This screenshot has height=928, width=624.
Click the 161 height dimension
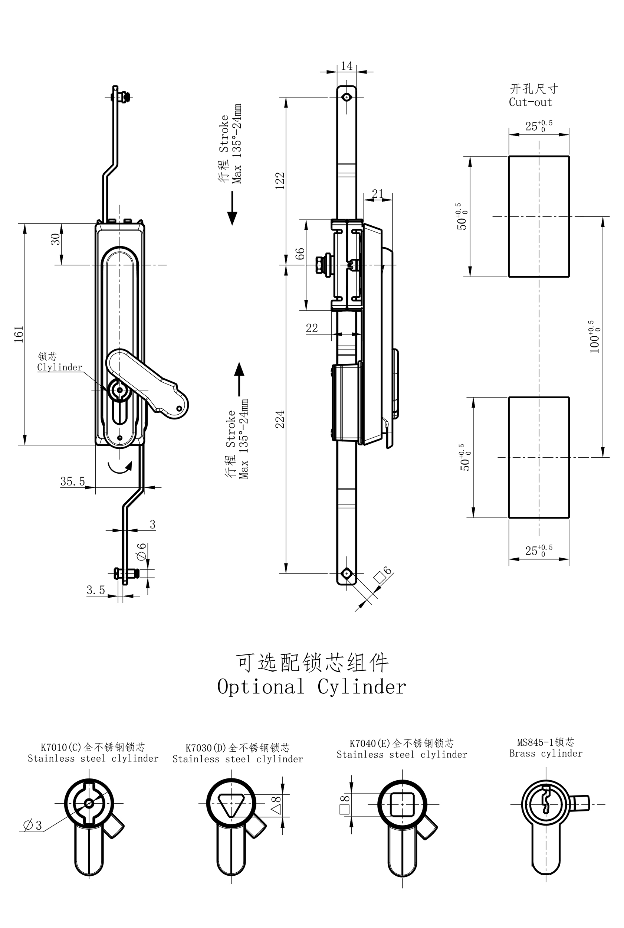point(19,334)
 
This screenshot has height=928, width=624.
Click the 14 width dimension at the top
point(347,66)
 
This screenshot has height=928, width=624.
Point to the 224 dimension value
point(280,419)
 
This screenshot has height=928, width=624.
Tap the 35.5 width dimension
point(72,481)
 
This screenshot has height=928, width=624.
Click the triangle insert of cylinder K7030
point(231,805)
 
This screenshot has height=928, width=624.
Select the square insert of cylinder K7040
point(402,805)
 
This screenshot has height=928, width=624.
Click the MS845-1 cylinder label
point(546,742)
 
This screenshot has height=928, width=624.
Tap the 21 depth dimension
point(377,194)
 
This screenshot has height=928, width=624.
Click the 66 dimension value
point(300,254)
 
